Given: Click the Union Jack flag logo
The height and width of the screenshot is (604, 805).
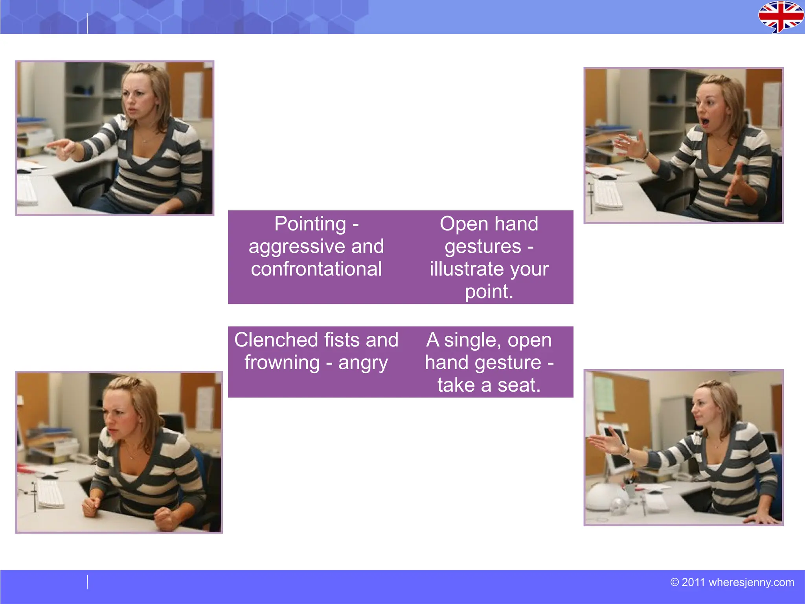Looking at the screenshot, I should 780,17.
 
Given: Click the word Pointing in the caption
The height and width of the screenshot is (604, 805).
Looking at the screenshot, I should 310,224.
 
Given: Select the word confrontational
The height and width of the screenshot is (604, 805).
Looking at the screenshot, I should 316,269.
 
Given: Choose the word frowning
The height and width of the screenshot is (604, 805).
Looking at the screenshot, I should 282,363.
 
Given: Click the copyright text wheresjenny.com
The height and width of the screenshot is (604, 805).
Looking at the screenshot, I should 751,582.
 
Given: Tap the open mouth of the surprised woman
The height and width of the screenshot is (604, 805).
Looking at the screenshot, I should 705,122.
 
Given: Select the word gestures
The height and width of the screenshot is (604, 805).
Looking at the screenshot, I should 483,247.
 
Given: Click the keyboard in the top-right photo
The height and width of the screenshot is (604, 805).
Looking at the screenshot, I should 607,194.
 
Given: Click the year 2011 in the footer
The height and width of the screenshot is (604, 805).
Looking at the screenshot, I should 693,582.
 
